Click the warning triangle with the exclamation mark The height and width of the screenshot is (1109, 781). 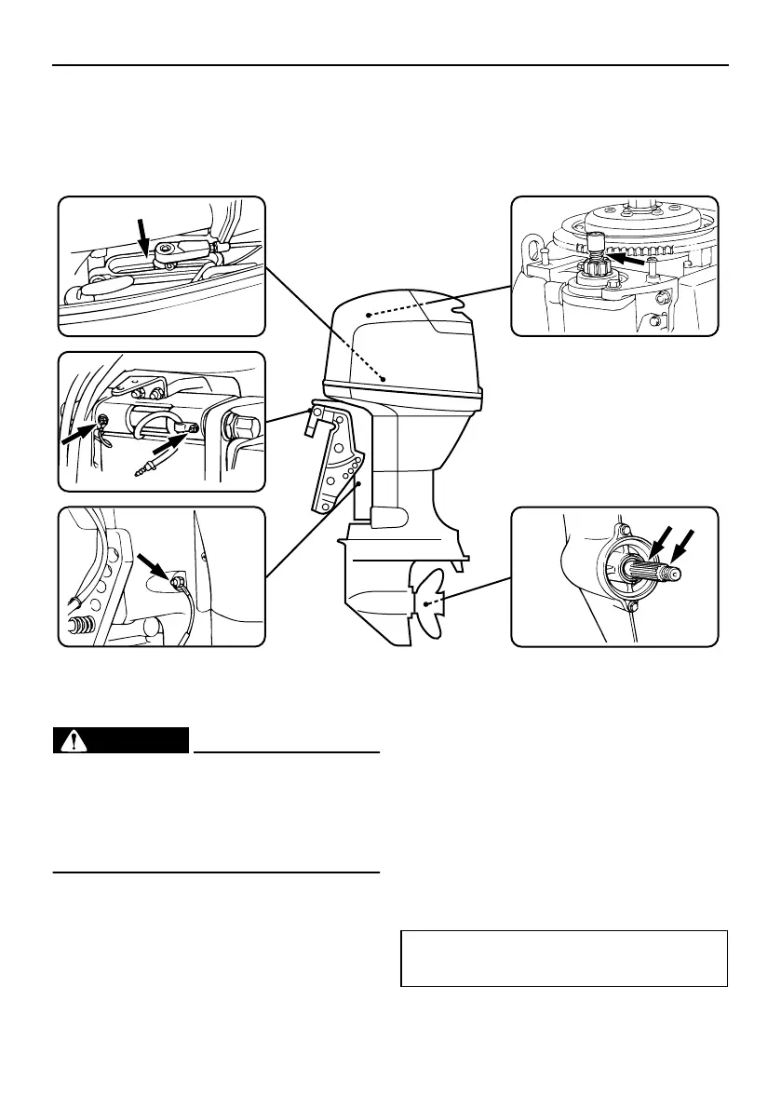69,741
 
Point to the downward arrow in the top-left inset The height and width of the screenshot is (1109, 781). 142,234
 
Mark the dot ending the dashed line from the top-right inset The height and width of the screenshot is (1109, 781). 368,313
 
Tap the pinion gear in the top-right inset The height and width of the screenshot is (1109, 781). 592,270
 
